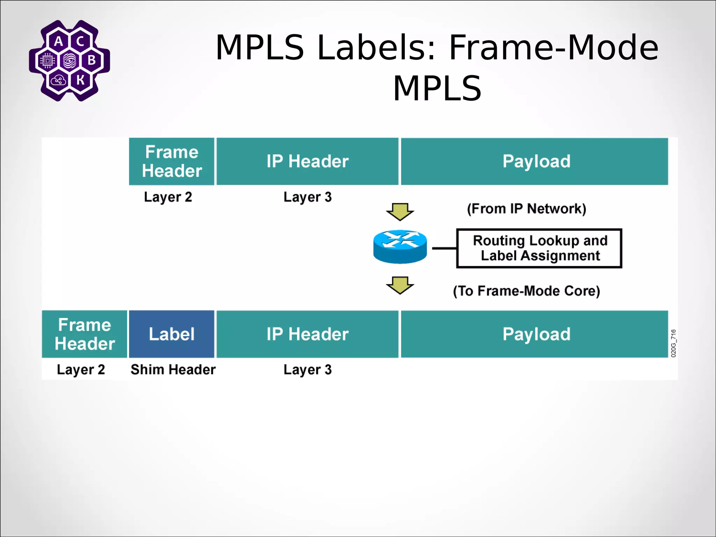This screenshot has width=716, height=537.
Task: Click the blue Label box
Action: (171, 334)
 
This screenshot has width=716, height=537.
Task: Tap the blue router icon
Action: (400, 247)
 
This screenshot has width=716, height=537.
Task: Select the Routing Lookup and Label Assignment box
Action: (539, 249)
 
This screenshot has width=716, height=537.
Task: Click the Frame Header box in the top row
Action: (171, 161)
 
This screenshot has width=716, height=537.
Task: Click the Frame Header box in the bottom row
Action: (84, 334)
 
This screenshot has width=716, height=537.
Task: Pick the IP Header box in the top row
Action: (307, 161)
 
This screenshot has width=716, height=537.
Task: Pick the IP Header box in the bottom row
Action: (307, 334)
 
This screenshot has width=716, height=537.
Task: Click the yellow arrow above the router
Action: (400, 211)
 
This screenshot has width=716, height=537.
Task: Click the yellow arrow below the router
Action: (400, 285)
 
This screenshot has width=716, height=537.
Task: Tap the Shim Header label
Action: (173, 370)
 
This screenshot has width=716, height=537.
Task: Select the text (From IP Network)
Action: (526, 209)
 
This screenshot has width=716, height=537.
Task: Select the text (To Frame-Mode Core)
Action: (526, 291)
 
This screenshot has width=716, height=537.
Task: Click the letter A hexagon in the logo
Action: (59, 41)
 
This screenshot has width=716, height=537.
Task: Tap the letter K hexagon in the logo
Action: (80, 80)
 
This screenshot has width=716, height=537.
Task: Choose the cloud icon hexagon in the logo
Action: (58, 81)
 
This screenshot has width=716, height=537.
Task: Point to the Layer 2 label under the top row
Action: (168, 197)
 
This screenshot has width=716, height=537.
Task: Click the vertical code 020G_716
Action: (673, 343)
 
